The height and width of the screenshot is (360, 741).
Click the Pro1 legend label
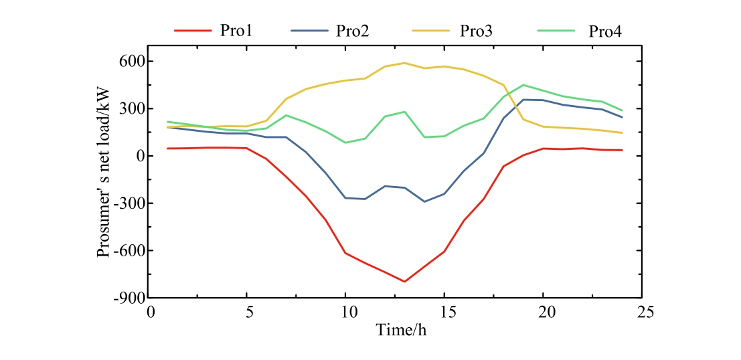point(235,30)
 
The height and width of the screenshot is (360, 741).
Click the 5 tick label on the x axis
point(246,312)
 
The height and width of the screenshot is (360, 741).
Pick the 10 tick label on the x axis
point(345,312)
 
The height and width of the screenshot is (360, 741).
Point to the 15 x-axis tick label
point(444,312)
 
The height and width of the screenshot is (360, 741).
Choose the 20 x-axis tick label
point(543,312)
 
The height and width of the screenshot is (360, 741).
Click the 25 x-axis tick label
point(641,312)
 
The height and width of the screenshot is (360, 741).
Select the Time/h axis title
point(395,329)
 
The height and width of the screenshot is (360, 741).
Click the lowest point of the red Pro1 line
point(404,282)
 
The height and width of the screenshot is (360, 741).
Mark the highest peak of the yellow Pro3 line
point(404,63)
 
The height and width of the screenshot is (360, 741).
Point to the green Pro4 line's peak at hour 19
point(523,85)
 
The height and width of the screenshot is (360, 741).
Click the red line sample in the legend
point(192,30)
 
